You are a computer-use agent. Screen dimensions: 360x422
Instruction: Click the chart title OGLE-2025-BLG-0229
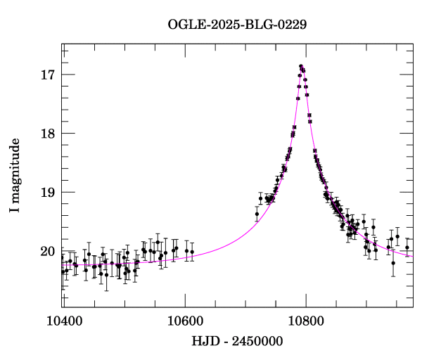238,25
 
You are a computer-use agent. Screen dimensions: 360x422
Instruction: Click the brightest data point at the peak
301,66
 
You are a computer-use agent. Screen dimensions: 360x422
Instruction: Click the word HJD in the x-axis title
204,342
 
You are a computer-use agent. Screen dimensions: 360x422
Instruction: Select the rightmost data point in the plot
407,247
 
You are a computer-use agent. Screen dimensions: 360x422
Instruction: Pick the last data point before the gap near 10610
192,251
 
